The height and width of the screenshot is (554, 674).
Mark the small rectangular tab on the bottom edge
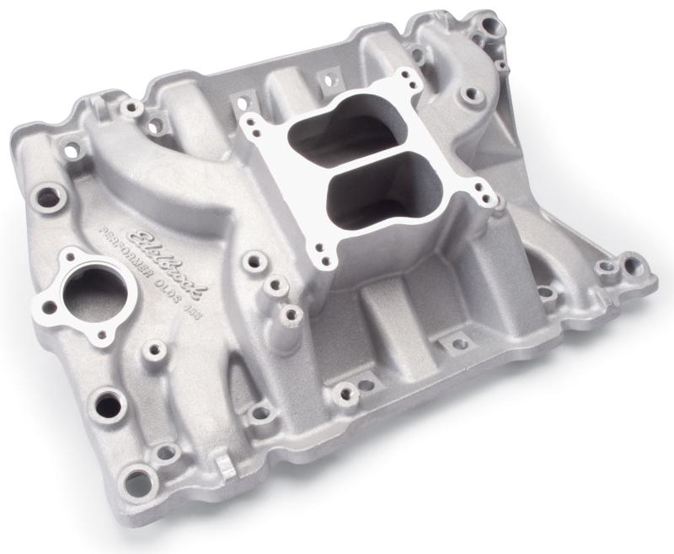[x=222, y=465]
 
